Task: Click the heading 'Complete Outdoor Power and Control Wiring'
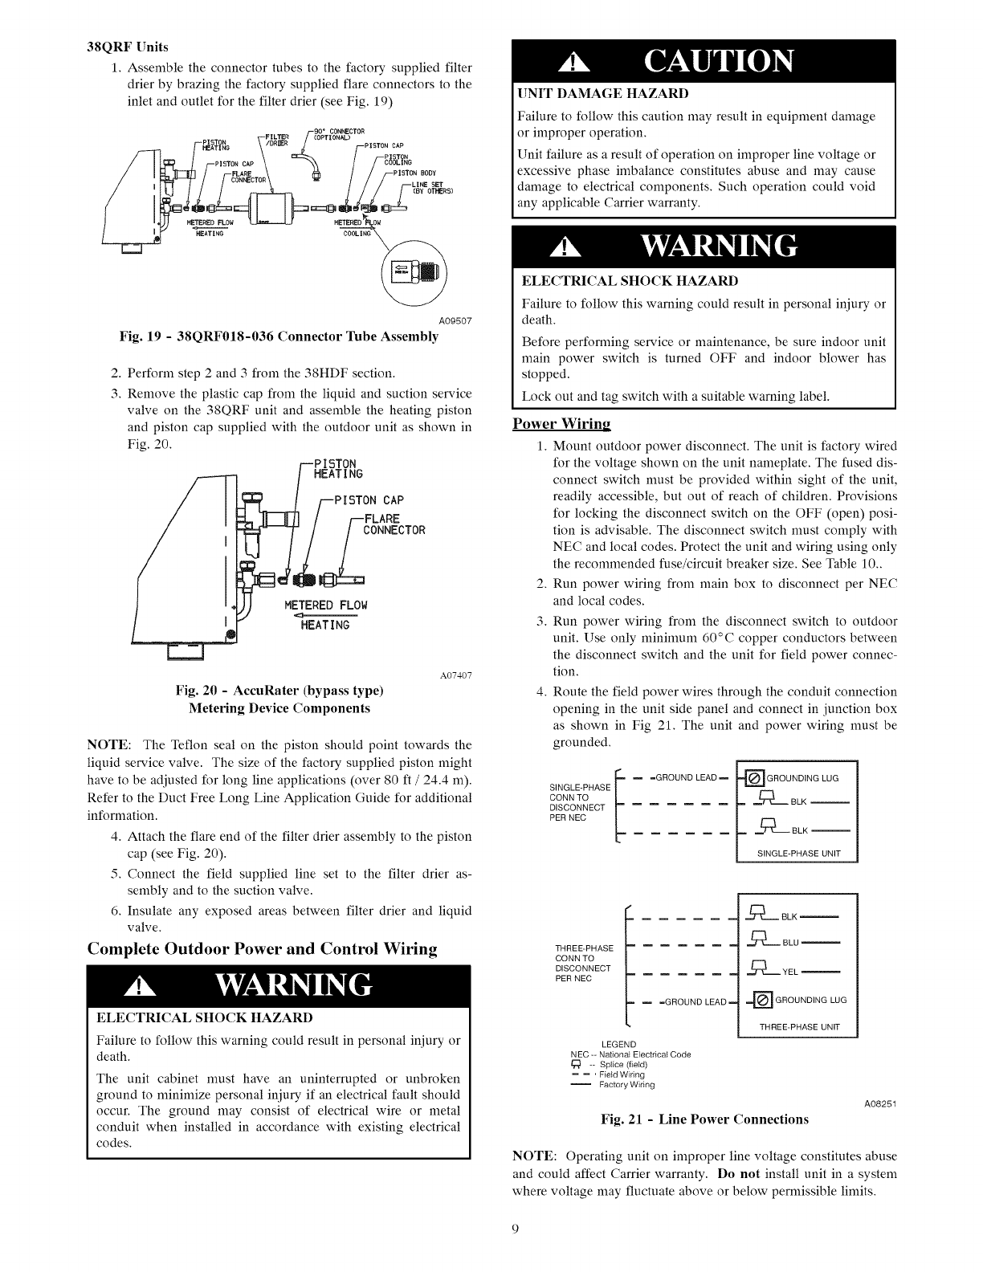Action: [x=262, y=949]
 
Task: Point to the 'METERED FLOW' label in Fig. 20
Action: [x=326, y=605]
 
